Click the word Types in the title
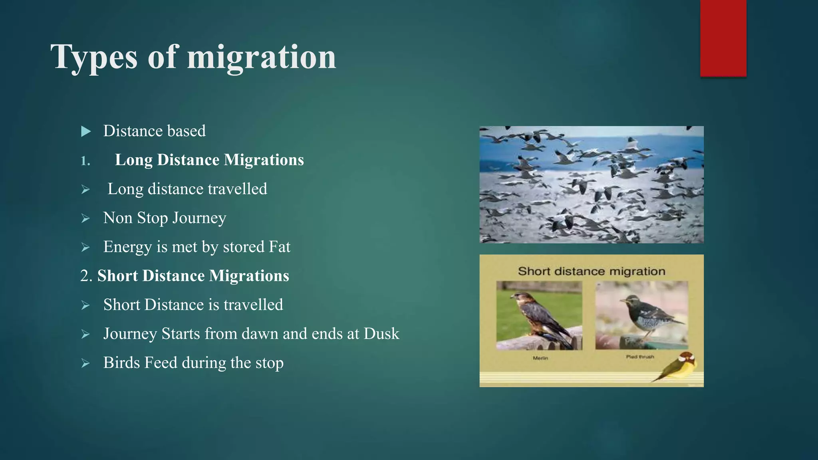pyautogui.click(x=94, y=58)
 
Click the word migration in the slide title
pyautogui.click(x=262, y=58)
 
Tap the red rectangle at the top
pyautogui.click(x=723, y=38)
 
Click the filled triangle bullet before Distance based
pyautogui.click(x=86, y=131)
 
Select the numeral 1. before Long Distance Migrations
pyautogui.click(x=85, y=161)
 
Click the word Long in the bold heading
pyautogui.click(x=133, y=160)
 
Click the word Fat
pyautogui.click(x=279, y=247)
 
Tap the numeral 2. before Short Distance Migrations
pyautogui.click(x=86, y=276)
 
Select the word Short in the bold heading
pyautogui.click(x=117, y=276)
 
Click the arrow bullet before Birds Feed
pyautogui.click(x=85, y=363)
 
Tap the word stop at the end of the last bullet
pyautogui.click(x=269, y=363)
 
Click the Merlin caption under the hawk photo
pyautogui.click(x=540, y=358)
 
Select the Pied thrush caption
pyautogui.click(x=640, y=357)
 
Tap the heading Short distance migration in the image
pyautogui.click(x=591, y=272)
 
